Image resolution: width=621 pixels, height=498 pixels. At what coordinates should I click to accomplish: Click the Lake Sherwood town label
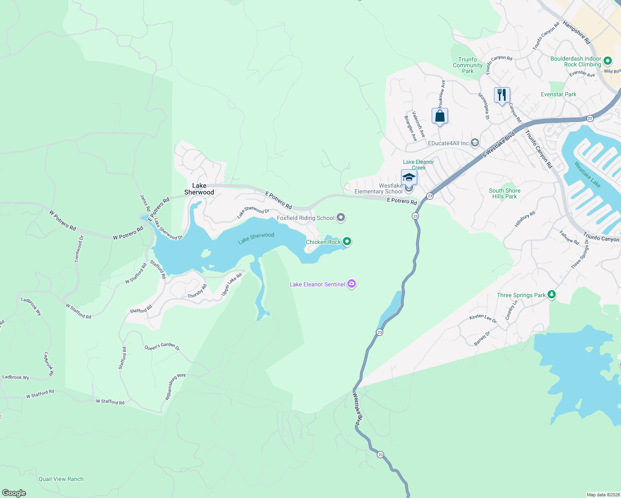point(199,189)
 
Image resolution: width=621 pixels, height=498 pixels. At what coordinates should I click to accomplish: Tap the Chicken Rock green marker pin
point(347,241)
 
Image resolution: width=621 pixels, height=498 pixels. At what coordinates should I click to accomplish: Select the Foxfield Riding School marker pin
point(341,217)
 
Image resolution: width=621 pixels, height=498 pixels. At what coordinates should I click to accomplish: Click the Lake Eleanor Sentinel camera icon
point(352,284)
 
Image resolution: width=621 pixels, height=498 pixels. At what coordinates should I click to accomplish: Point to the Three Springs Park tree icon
point(551,295)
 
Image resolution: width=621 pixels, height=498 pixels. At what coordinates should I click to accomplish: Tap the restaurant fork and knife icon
point(502,95)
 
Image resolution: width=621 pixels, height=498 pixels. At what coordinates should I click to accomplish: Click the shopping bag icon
point(440,116)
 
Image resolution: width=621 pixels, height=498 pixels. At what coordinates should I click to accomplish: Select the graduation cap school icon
point(409,177)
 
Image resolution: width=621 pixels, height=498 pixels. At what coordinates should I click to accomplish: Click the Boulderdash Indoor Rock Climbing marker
point(607,61)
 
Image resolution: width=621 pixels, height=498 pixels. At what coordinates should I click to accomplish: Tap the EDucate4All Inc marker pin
point(475,143)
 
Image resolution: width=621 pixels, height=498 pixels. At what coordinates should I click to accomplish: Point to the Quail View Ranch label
point(61,479)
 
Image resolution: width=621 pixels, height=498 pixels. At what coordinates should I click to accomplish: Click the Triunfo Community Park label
point(467,65)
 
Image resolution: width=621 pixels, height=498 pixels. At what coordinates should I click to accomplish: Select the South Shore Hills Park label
point(504,193)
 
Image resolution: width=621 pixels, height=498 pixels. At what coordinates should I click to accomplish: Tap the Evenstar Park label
point(558,94)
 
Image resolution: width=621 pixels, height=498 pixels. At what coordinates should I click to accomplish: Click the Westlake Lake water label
point(587,174)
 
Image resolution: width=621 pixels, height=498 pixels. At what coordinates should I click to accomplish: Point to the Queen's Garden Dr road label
point(162,347)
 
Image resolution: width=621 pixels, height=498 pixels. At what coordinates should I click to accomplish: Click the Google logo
point(14,493)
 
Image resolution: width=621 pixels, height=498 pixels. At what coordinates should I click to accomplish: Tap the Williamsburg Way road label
point(175,386)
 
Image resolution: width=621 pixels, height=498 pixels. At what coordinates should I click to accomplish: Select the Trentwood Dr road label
point(79,249)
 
